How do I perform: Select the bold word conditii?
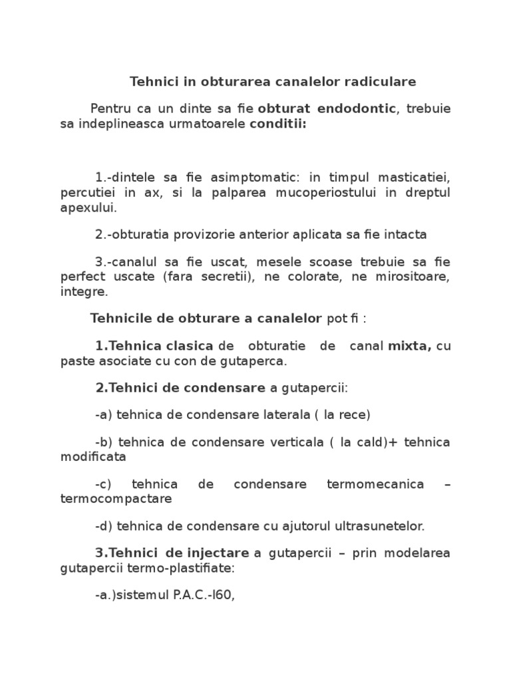click(278, 124)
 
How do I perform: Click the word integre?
click(83, 291)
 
